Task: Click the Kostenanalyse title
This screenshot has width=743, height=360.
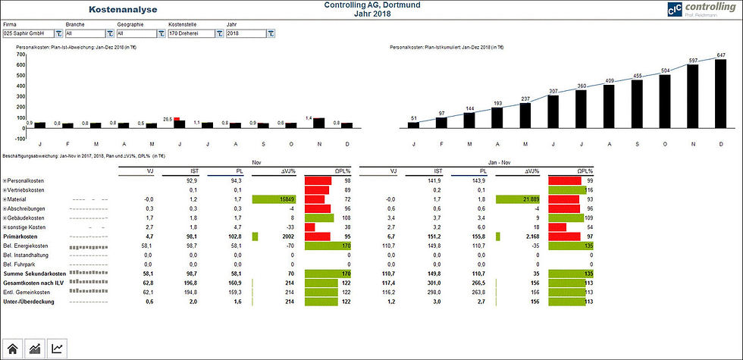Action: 124,11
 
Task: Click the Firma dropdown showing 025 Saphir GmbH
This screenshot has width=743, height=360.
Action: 30,34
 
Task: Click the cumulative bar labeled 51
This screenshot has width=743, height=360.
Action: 413,125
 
